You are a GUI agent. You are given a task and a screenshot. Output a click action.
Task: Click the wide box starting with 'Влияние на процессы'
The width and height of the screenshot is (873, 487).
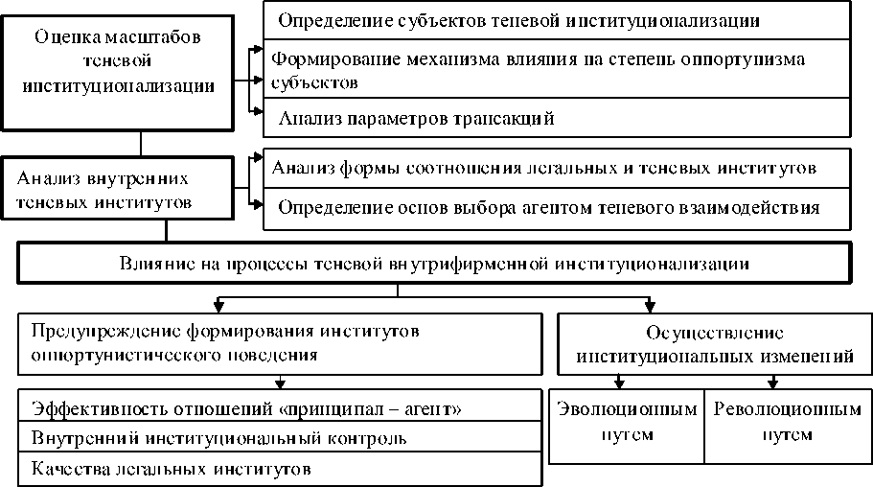point(435,263)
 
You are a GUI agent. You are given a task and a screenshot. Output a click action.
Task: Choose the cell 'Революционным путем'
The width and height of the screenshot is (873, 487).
point(787,422)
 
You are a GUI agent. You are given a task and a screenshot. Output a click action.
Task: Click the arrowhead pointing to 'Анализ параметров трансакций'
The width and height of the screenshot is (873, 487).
point(257,111)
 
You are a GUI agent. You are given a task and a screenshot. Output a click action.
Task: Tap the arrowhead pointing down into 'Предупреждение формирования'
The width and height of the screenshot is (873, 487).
point(219,308)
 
